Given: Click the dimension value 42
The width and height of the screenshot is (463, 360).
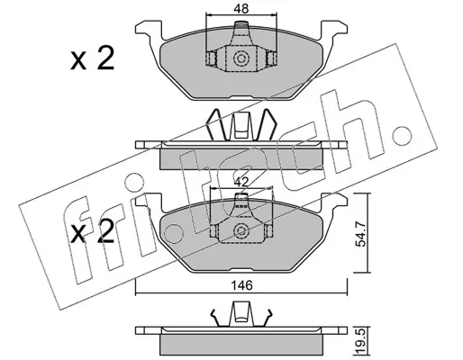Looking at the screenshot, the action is [x=241, y=182].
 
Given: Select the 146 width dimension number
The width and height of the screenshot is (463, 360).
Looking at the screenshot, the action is [x=242, y=285].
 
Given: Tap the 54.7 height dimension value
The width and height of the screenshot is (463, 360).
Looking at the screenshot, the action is [x=360, y=234].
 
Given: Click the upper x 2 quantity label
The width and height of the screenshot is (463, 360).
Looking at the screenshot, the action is [x=92, y=59].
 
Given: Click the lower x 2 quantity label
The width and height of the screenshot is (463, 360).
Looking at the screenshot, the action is [x=92, y=231].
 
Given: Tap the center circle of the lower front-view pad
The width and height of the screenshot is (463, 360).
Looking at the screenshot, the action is [x=241, y=230].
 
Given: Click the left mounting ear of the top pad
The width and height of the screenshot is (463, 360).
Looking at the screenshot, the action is [x=150, y=29].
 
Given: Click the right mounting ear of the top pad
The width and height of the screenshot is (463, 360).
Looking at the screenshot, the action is [x=334, y=29].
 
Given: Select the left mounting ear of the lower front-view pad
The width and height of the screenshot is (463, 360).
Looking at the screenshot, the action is [x=150, y=202].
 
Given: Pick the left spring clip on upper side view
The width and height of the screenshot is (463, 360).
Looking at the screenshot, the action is [x=216, y=125].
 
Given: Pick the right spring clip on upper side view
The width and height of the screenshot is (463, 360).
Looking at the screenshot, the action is [x=266, y=125].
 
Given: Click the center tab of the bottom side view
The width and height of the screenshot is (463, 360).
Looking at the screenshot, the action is [x=241, y=314].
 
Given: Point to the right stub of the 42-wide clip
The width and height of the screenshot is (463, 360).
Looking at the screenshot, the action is [x=269, y=230].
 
